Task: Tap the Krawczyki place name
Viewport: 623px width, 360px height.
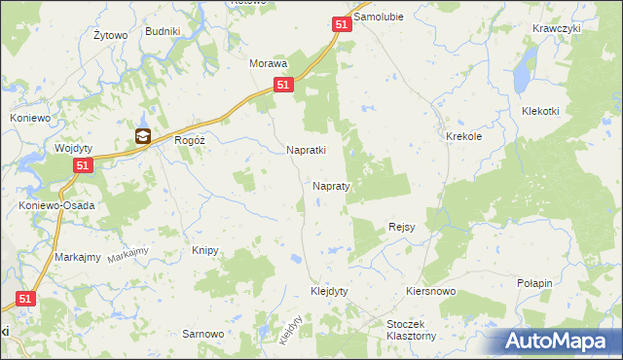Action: (x=557, y=28)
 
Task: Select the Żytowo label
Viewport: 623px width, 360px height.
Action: (x=111, y=36)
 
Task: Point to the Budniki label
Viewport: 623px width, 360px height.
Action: (x=163, y=31)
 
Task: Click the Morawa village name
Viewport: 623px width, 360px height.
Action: (x=269, y=63)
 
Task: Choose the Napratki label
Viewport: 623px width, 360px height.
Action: (x=306, y=151)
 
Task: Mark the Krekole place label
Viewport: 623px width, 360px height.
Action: (x=464, y=137)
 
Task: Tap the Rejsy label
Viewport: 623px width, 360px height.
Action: (x=402, y=227)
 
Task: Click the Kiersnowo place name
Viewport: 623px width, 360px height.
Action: (x=431, y=291)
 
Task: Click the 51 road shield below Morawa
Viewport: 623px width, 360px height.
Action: (x=281, y=86)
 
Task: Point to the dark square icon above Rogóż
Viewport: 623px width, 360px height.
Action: (x=143, y=137)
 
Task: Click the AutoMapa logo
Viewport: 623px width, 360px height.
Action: (x=559, y=342)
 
